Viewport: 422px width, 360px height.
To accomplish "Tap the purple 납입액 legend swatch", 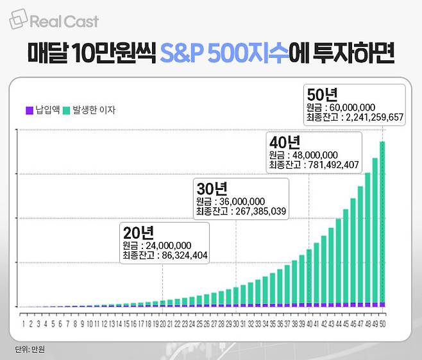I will pyautogui.click(x=29, y=110).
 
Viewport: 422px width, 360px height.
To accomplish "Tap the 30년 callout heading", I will pyautogui.click(x=212, y=189).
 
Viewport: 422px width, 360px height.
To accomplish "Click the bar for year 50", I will pyautogui.click(x=382, y=224).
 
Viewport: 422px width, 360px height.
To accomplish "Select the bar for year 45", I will pyautogui.click(x=345, y=257).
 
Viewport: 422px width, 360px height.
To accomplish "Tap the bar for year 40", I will pyautogui.click(x=308, y=279).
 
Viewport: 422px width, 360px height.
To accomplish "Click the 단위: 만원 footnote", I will pyautogui.click(x=30, y=349).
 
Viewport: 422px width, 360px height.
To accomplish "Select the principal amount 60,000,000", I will pyautogui.click(x=350, y=108).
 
